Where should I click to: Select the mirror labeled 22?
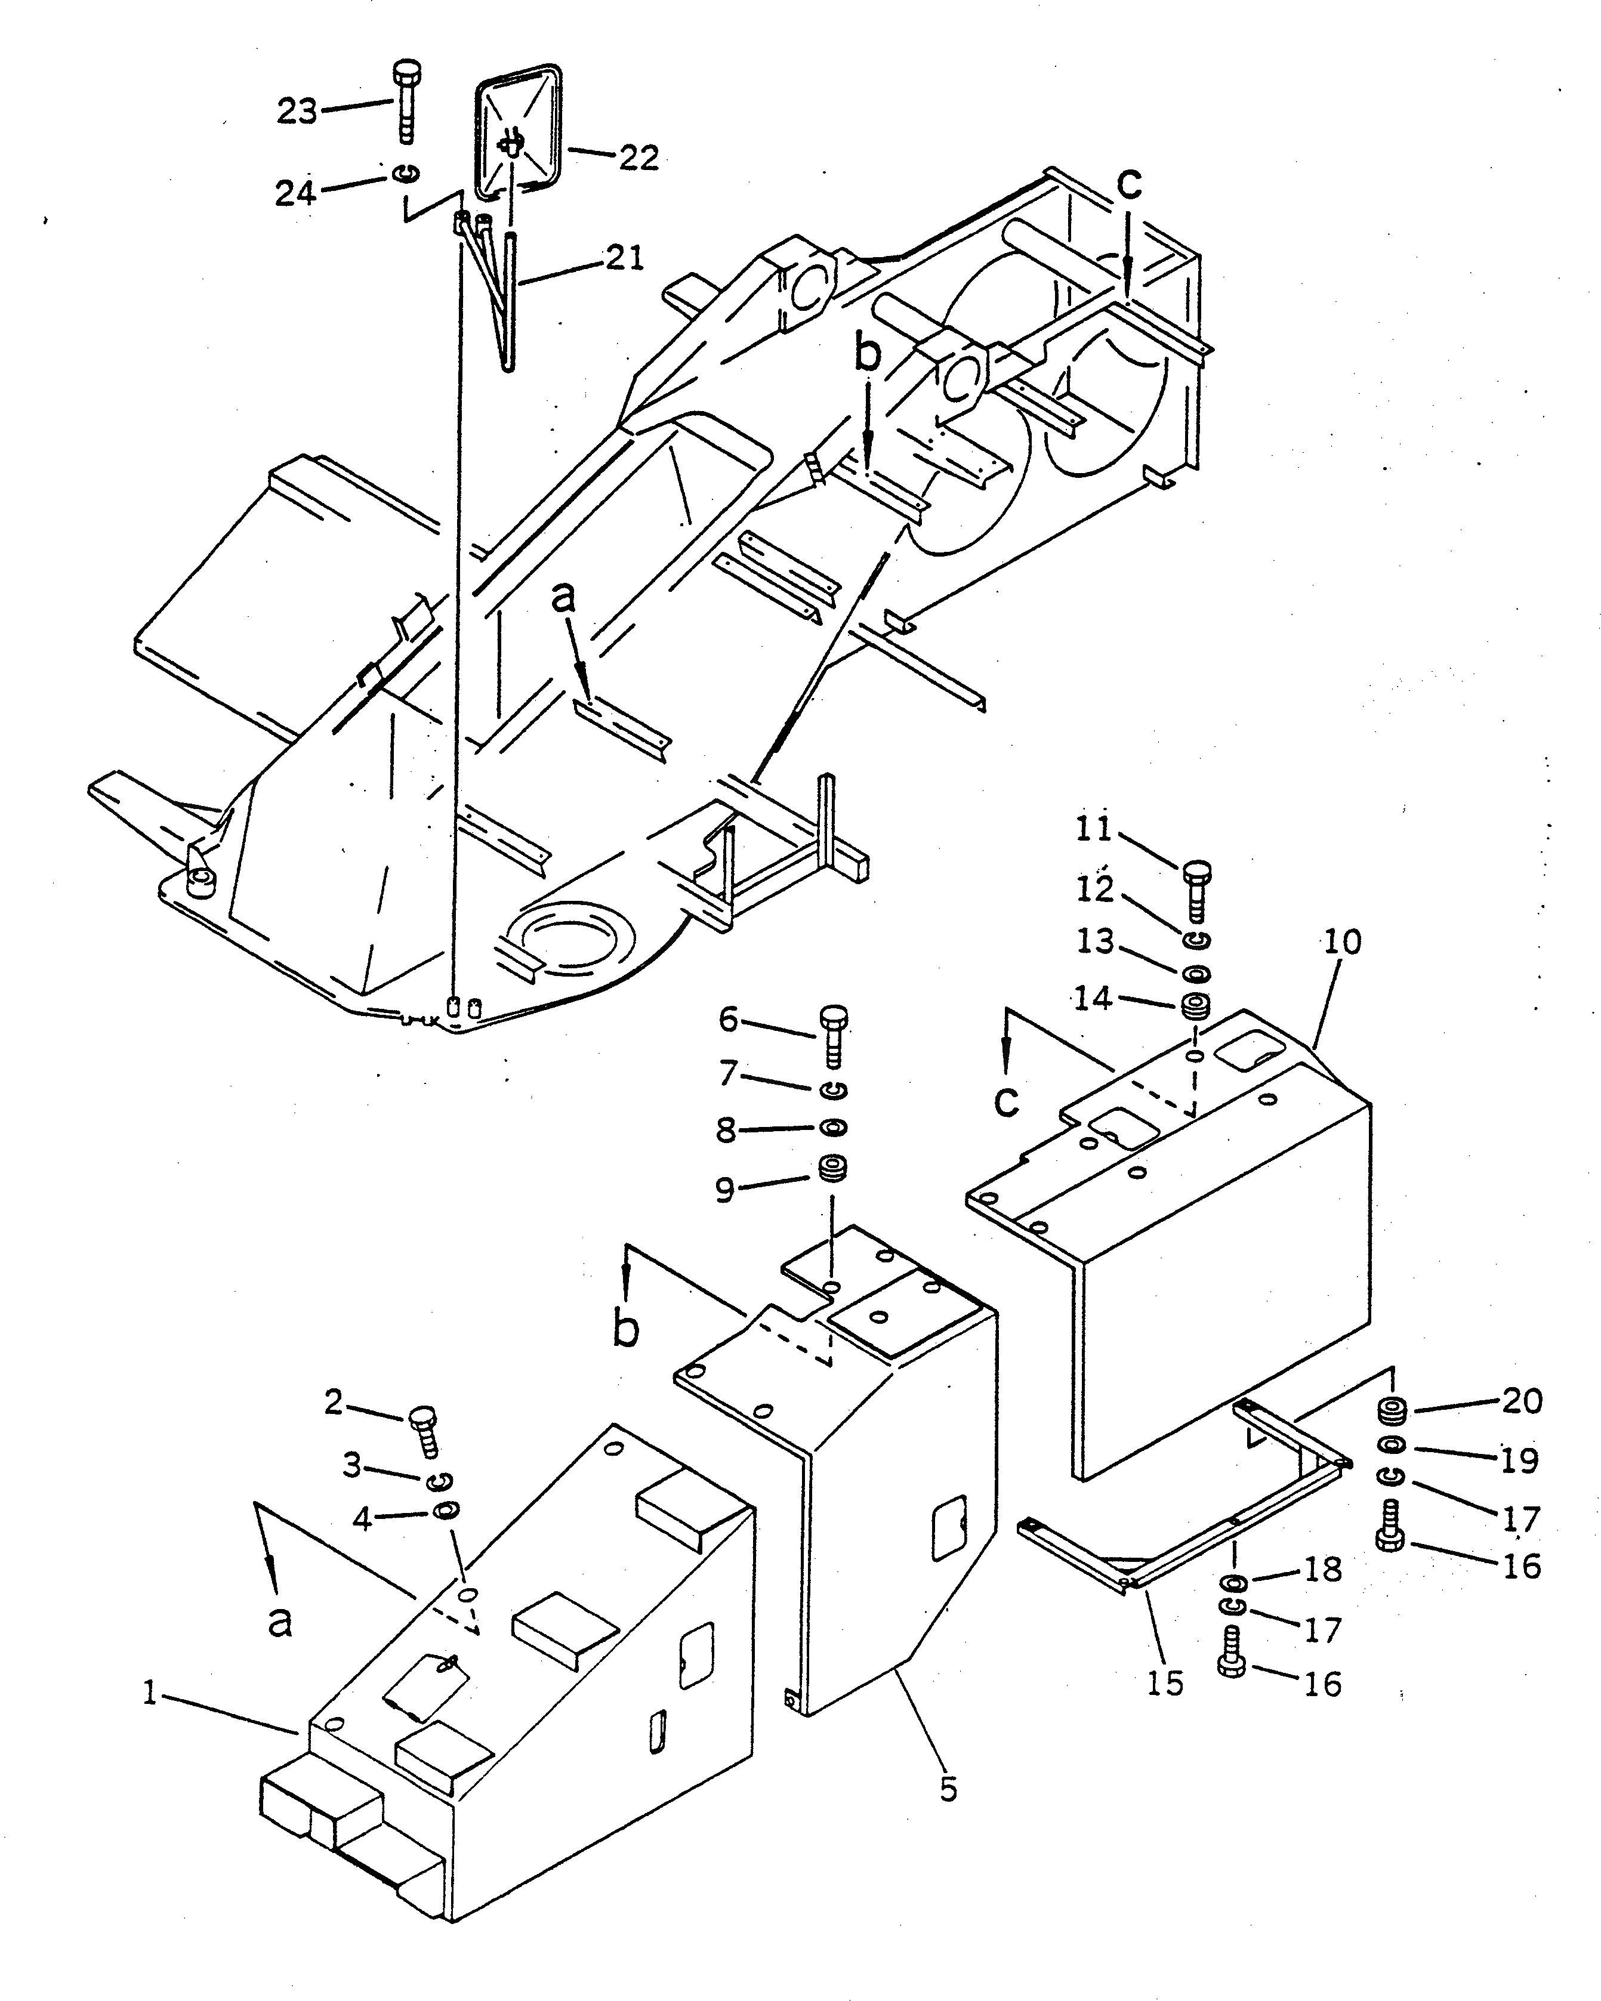(518, 132)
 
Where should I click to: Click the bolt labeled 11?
(1196, 889)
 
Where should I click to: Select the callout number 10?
(1342, 942)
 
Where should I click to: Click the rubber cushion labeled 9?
(832, 1169)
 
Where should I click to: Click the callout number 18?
(1322, 1570)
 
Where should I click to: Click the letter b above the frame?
(867, 356)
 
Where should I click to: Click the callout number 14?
(1093, 999)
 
